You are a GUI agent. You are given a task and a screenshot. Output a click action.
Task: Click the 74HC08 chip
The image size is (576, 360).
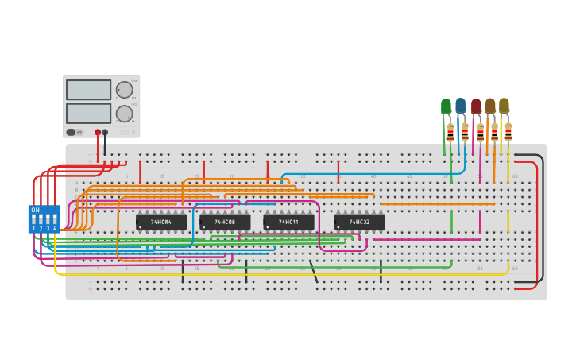tap(225, 222)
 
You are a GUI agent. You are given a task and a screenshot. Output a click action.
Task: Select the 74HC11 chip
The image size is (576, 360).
tap(288, 222)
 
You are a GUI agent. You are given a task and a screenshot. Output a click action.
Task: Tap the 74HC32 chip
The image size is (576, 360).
tap(359, 222)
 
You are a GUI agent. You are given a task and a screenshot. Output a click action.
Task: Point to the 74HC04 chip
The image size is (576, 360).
tap(161, 222)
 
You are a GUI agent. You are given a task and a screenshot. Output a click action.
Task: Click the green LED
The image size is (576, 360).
tap(446, 106)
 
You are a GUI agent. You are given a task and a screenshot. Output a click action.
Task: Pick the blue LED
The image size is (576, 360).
tap(460, 105)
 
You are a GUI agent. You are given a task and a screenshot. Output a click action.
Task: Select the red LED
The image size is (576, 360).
tap(476, 106)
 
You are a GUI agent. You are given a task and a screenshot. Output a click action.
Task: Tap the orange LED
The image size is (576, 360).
tap(490, 106)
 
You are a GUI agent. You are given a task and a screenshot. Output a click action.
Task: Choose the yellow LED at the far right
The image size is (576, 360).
tap(504, 105)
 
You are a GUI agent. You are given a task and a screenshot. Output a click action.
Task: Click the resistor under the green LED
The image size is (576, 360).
tap(450, 133)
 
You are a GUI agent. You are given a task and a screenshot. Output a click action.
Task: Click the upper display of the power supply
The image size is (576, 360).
tap(88, 90)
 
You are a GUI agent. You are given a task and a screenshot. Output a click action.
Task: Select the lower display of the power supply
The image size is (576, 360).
tap(88, 113)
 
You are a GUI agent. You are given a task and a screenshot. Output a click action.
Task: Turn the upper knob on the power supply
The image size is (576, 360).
tap(124, 90)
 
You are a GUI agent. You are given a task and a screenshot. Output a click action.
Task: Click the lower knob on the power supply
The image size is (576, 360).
tap(124, 114)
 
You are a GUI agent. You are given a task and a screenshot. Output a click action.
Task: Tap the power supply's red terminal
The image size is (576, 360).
tap(98, 133)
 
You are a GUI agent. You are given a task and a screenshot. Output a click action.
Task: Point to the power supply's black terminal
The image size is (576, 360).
tap(105, 133)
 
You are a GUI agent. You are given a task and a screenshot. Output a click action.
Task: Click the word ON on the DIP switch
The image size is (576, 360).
tap(35, 210)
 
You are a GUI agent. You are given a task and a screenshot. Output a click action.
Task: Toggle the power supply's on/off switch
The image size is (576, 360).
tap(72, 132)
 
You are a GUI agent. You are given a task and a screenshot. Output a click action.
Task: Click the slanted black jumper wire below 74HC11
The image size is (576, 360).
tap(314, 273)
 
